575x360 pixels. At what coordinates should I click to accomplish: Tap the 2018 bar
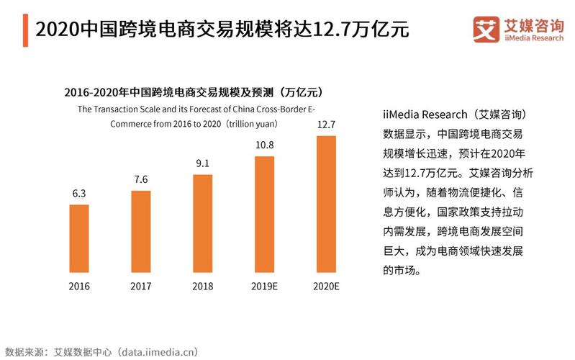click(202, 224)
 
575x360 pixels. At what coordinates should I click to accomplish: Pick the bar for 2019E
click(265, 215)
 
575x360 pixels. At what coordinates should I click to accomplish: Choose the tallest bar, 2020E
click(327, 204)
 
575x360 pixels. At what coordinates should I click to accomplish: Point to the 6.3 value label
click(78, 194)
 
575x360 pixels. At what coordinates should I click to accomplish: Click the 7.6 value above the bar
click(140, 179)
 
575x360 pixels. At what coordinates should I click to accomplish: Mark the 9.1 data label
click(202, 163)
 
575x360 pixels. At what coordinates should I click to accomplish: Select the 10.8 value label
click(265, 145)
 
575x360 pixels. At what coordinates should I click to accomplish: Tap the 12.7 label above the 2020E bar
click(327, 125)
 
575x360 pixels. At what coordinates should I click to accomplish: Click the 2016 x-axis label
click(78, 286)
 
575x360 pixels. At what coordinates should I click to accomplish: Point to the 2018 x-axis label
click(202, 286)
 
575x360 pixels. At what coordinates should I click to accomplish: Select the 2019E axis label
click(265, 286)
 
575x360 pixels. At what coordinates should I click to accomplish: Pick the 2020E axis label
click(327, 286)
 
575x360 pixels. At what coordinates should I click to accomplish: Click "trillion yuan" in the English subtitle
click(253, 123)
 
